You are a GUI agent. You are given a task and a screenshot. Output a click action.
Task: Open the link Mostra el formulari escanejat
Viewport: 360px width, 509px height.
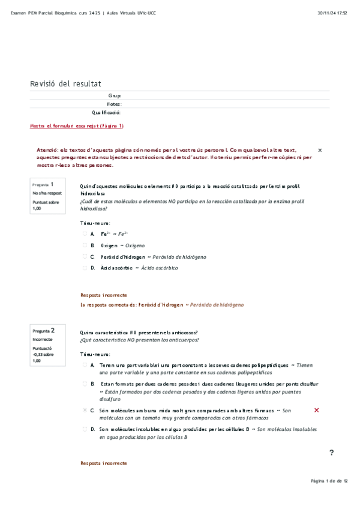[x=76, y=126]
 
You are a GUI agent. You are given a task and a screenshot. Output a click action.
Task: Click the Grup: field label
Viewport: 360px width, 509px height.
[x=114, y=95]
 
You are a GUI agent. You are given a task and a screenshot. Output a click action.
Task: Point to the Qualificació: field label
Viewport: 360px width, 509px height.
[x=106, y=112]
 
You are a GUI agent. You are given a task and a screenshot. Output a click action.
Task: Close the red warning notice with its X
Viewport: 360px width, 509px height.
[x=319, y=149]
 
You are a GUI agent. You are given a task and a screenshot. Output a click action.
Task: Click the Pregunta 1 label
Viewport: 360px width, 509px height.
[x=43, y=184]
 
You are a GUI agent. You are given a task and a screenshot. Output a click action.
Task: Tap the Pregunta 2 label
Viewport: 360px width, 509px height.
[x=44, y=330]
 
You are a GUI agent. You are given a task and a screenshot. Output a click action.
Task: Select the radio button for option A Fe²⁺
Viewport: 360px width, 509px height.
[x=85, y=234]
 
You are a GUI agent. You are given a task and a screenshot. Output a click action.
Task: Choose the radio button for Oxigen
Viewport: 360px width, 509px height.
[x=85, y=245]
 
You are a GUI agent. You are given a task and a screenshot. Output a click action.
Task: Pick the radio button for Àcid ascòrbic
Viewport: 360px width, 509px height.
[x=85, y=268]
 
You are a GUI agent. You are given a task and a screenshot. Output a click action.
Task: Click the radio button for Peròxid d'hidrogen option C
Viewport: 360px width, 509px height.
[x=85, y=256]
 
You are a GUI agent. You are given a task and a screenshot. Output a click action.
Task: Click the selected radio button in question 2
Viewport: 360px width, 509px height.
[x=85, y=411]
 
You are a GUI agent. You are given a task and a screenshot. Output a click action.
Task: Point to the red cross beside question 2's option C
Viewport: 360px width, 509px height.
[x=316, y=410]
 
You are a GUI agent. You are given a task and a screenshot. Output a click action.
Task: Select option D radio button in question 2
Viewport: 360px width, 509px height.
[x=85, y=430]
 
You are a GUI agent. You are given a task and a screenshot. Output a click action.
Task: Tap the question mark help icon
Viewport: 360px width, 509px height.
[x=331, y=453]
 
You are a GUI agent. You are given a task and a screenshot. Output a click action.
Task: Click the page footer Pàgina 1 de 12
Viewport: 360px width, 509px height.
[x=329, y=481]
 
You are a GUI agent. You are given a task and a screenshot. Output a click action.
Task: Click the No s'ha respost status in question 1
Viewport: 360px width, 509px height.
[x=47, y=193]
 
